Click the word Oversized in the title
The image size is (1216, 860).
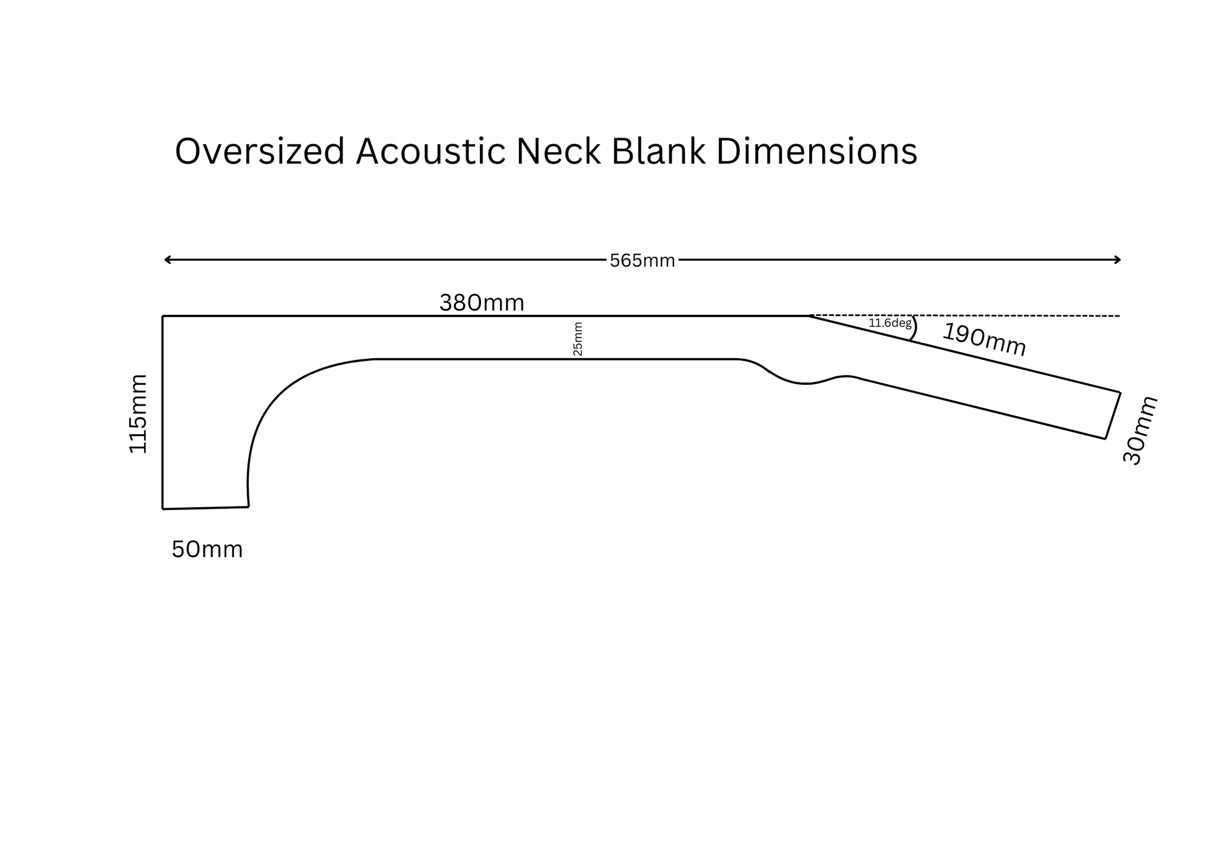pyautogui.click(x=259, y=151)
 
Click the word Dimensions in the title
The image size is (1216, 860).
pyautogui.click(x=816, y=151)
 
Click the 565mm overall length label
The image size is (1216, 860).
pyautogui.click(x=642, y=261)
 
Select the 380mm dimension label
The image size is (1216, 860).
pyautogui.click(x=482, y=303)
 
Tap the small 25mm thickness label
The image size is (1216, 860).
pyautogui.click(x=578, y=339)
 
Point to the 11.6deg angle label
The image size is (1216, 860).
pyautogui.click(x=889, y=324)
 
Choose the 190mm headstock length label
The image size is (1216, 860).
pyautogui.click(x=984, y=340)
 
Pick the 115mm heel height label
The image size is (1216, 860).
pyautogui.click(x=138, y=413)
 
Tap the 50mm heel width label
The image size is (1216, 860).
pyautogui.click(x=207, y=550)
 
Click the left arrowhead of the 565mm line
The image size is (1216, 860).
pyautogui.click(x=167, y=260)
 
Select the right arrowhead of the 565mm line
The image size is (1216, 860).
pyautogui.click(x=1118, y=260)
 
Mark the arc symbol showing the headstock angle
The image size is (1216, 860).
pyautogui.click(x=914, y=328)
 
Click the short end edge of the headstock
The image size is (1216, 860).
pyautogui.click(x=1113, y=416)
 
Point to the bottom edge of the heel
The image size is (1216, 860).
pyautogui.click(x=205, y=508)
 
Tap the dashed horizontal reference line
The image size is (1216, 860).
pyautogui.click(x=1009, y=316)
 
